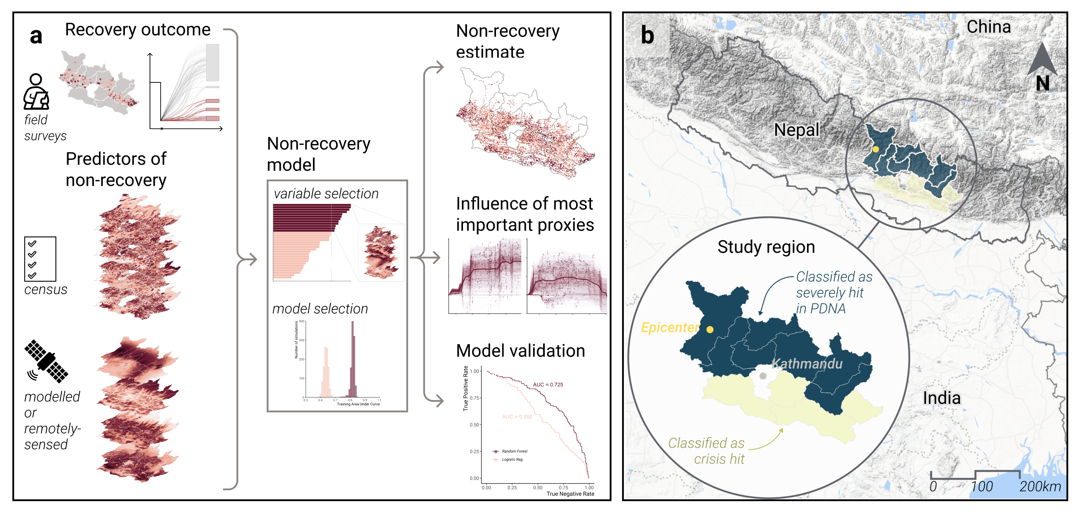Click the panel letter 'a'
pos(36,37)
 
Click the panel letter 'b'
pos(647,36)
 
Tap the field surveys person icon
pos(36,92)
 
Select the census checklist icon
pos(40,259)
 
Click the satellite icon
pos(46,361)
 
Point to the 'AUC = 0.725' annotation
pos(547,384)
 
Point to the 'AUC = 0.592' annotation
pos(517,416)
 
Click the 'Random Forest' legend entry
pos(514,451)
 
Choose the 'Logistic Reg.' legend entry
pos(513,459)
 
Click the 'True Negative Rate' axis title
pos(570,494)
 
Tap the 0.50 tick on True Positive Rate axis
pos(474,425)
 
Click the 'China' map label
pos(988,27)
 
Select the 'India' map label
pos(941,398)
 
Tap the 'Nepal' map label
pos(796,130)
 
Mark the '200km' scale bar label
pos(1040,486)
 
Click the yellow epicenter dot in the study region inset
pos(710,330)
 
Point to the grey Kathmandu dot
pos(763,376)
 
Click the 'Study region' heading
pos(766,247)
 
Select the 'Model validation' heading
pos(520,351)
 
